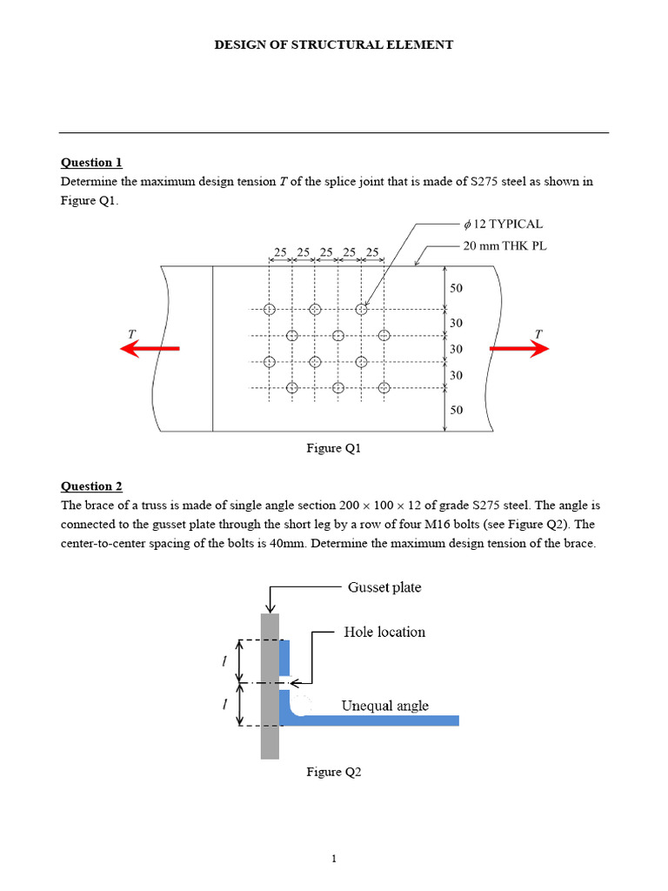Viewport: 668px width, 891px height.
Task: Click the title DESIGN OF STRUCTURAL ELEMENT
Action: [334, 44]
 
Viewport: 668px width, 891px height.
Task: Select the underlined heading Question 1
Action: [91, 163]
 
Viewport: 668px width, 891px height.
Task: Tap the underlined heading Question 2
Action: [91, 486]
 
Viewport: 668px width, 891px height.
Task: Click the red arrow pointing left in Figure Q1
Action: [149, 349]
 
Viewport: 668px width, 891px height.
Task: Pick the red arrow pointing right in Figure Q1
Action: [519, 349]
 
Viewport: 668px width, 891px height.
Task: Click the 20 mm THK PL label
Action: [504, 246]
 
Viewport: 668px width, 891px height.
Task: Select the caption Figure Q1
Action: [333, 448]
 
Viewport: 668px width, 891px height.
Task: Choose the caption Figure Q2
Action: [333, 772]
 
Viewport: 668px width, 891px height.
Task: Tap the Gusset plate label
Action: [384, 587]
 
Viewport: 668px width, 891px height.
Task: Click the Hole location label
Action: [384, 632]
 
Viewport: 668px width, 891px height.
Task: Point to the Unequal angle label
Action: [384, 706]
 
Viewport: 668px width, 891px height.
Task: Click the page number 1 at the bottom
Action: [334, 860]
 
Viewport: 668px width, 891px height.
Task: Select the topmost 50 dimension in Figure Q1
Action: [456, 288]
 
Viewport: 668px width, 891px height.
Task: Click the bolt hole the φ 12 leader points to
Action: [361, 309]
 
